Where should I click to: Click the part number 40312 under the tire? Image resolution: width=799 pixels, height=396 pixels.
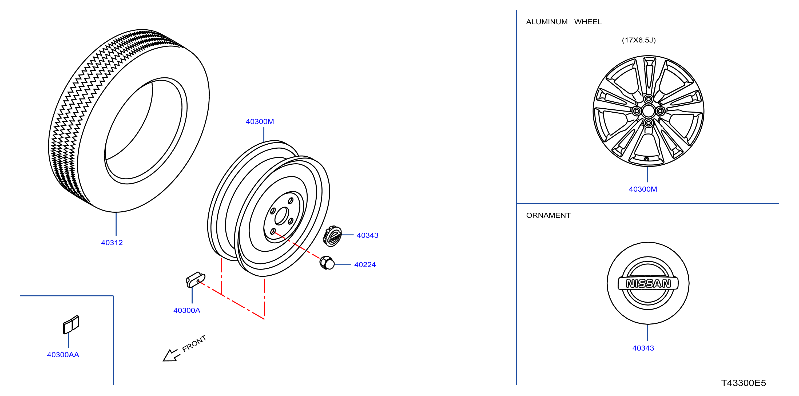click(x=112, y=242)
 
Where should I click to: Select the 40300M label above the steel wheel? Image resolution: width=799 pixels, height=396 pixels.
click(x=260, y=121)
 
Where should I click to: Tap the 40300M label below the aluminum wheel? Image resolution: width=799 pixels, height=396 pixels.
click(x=643, y=189)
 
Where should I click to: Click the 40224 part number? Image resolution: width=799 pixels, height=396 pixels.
click(x=365, y=264)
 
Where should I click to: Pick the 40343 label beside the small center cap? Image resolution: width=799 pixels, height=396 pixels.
click(x=367, y=235)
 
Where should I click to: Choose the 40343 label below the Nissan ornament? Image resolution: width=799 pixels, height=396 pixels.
click(x=643, y=348)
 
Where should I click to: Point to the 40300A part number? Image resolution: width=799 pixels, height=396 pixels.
click(x=187, y=310)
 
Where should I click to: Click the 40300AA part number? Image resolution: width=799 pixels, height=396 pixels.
click(x=63, y=354)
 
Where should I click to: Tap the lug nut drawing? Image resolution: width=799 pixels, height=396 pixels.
click(x=327, y=263)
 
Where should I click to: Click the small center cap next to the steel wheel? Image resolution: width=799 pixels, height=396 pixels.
click(x=332, y=236)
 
